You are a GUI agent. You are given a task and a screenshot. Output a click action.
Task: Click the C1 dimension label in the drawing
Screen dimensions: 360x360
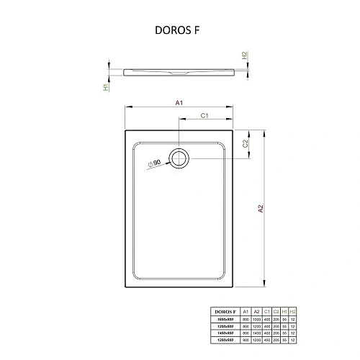pyautogui.click(x=204, y=115)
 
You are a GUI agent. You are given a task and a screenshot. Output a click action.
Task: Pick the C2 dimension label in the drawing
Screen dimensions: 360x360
pyautogui.click(x=245, y=144)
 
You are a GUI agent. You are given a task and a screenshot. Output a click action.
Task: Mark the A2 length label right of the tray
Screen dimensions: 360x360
pyautogui.click(x=261, y=209)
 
